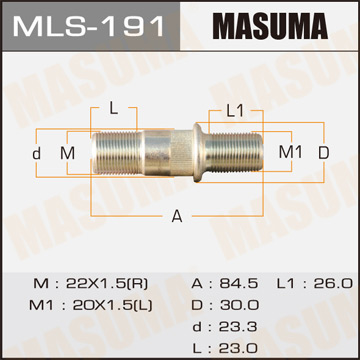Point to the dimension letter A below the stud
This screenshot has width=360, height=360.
click(x=177, y=215)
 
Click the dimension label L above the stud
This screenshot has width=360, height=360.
click(x=113, y=107)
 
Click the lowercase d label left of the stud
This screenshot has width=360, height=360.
click(x=36, y=153)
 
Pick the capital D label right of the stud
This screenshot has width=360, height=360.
click(x=323, y=152)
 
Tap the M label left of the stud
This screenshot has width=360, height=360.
click(x=67, y=153)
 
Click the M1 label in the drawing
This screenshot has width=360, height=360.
click(x=289, y=152)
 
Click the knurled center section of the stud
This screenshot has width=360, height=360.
click(x=165, y=153)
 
